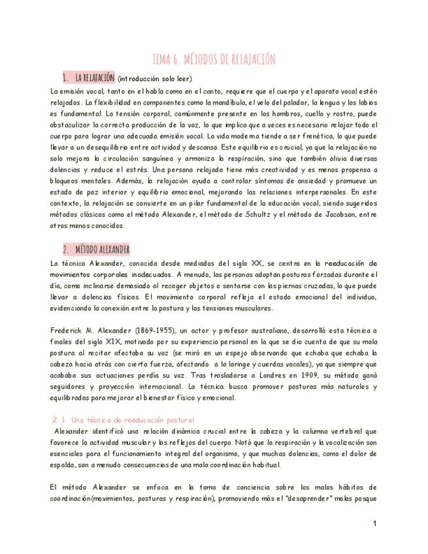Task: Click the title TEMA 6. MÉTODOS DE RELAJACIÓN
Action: coord(214,59)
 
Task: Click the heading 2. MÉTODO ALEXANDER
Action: coord(97,250)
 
